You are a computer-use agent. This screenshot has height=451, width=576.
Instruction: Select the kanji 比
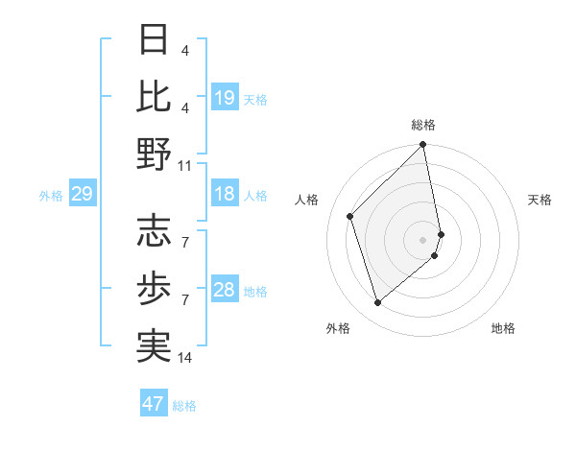coord(155,97)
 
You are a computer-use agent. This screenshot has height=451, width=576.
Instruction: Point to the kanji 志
coord(155,230)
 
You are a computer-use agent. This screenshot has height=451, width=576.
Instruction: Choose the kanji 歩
coord(155,288)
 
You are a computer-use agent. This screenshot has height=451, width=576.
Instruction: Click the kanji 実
coord(155,346)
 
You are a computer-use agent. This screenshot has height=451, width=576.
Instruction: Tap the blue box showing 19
coord(225,97)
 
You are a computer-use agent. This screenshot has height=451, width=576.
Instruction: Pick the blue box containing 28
coord(225,290)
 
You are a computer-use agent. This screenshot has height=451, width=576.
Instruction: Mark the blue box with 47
coord(154,404)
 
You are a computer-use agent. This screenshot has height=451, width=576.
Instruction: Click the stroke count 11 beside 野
coord(185,165)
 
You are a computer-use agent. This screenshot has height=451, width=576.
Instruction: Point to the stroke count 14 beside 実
coord(185,358)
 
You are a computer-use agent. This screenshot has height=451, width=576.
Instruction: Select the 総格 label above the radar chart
coord(423,125)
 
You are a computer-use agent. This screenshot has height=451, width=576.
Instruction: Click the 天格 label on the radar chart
coord(540,200)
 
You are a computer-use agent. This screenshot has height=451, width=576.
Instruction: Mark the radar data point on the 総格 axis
coord(423,146)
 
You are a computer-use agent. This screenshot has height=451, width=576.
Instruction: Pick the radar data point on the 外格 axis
coord(378,303)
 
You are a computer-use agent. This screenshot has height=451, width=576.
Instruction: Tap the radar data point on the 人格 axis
coord(350,216)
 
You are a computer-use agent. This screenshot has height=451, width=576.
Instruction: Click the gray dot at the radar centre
coord(423,240)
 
